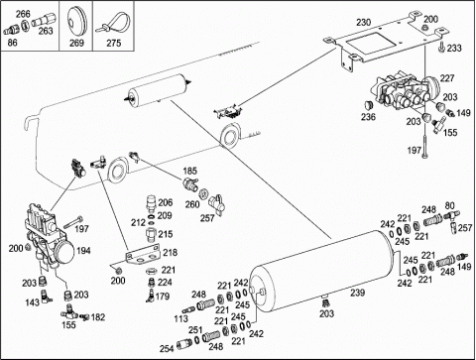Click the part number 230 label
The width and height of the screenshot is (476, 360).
pyautogui.click(x=363, y=23)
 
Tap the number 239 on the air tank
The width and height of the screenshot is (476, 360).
pyautogui.click(x=357, y=293)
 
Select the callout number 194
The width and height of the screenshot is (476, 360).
pyautogui.click(x=83, y=251)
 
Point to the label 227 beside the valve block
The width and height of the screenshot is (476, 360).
pyautogui.click(x=447, y=78)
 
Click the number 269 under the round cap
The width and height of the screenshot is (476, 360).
pyautogui.click(x=76, y=43)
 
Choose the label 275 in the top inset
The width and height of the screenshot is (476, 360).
pyautogui.click(x=114, y=43)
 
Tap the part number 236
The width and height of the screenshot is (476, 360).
pyautogui.click(x=368, y=117)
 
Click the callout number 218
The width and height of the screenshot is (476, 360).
pyautogui.click(x=171, y=253)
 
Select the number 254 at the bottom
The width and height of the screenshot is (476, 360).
pyautogui.click(x=167, y=348)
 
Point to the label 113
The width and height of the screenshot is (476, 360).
pyautogui.click(x=180, y=318)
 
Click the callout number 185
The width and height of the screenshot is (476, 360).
pyautogui.click(x=189, y=172)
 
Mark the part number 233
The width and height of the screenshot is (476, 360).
pyautogui.click(x=454, y=49)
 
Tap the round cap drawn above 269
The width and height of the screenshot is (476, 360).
pyautogui.click(x=76, y=20)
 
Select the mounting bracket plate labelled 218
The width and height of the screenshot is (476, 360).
pyautogui.click(x=143, y=255)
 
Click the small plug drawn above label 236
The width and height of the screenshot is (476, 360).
pyautogui.click(x=368, y=105)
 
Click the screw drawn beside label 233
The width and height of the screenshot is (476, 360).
pyautogui.click(x=440, y=48)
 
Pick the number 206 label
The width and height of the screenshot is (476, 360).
pyautogui.click(x=166, y=202)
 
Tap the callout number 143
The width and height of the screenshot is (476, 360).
pyautogui.click(x=33, y=302)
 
